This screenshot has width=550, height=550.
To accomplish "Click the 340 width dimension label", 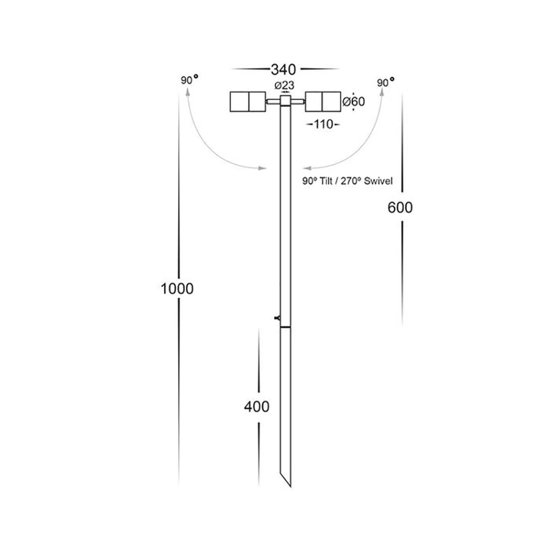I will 284,69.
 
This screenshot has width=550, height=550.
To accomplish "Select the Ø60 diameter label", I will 354,102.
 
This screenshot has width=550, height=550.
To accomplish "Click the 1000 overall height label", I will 177,288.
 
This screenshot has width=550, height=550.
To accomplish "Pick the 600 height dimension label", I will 400,207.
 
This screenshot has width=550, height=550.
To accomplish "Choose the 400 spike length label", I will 256,407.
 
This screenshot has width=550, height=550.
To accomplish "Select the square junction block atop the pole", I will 285,101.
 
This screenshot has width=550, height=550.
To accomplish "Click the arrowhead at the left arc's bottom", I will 262,168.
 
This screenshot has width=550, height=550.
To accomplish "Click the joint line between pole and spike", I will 285,328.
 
